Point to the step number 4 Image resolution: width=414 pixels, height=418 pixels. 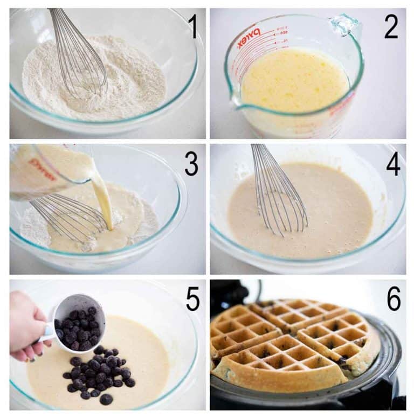(x=392, y=164)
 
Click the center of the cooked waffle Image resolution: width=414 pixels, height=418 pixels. (x=294, y=345)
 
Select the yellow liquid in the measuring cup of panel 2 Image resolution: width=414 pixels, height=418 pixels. (x=294, y=81)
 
